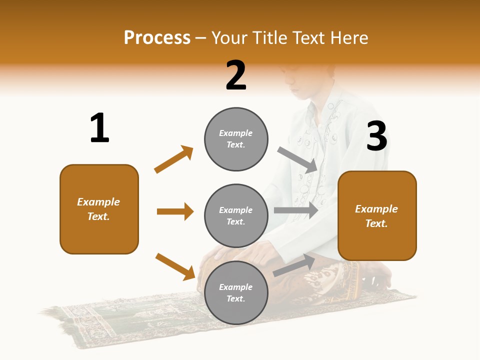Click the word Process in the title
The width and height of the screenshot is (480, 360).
(157, 38)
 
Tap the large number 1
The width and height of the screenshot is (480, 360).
(99, 128)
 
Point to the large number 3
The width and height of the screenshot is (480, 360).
(376, 136)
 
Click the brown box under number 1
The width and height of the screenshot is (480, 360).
(99, 209)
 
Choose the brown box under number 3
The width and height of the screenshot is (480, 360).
(377, 216)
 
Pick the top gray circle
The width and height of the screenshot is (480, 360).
(236, 138)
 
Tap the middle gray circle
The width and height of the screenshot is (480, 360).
(236, 215)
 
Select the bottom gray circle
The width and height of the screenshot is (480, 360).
(236, 292)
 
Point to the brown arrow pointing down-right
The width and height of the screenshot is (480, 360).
(175, 266)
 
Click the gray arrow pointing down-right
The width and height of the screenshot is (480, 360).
(297, 159)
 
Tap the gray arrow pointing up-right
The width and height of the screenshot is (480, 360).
(294, 265)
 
